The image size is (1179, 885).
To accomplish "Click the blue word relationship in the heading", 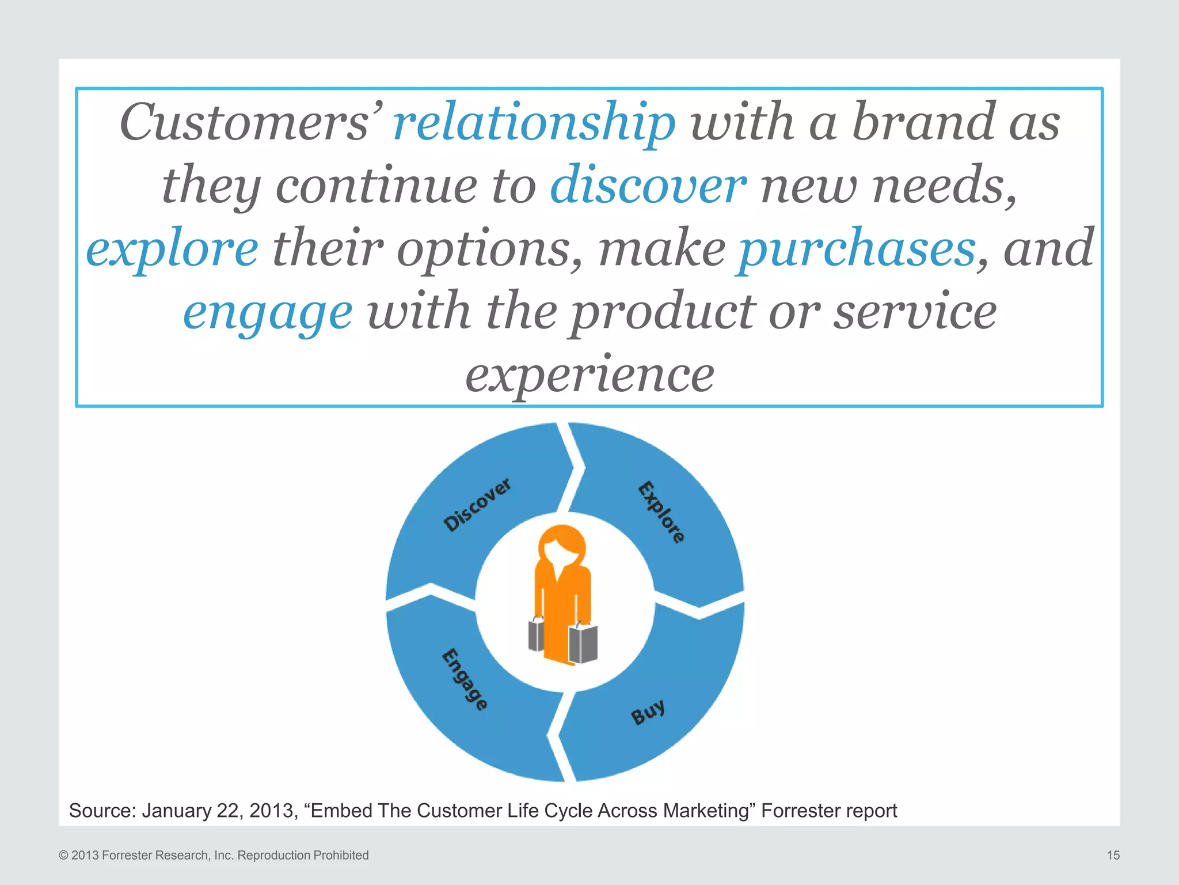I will [534, 122].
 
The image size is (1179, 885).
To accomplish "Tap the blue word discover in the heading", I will [648, 186].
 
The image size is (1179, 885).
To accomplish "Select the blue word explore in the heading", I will [172, 249].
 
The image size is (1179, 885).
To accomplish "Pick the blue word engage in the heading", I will [268, 312].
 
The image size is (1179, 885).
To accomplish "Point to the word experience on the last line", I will [589, 375].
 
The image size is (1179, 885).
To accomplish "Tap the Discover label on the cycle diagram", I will [477, 505].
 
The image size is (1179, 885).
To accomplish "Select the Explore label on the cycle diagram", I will [661, 512].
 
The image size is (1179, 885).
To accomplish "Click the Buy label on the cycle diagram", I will [648, 712].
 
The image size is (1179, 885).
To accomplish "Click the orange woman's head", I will [562, 547].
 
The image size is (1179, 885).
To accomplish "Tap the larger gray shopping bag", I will [583, 642].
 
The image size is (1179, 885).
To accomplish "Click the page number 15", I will [1113, 855].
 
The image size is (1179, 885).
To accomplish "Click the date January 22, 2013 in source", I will [219, 811].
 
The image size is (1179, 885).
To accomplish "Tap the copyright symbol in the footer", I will [64, 856].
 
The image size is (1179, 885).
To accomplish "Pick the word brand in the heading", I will [924, 122].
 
